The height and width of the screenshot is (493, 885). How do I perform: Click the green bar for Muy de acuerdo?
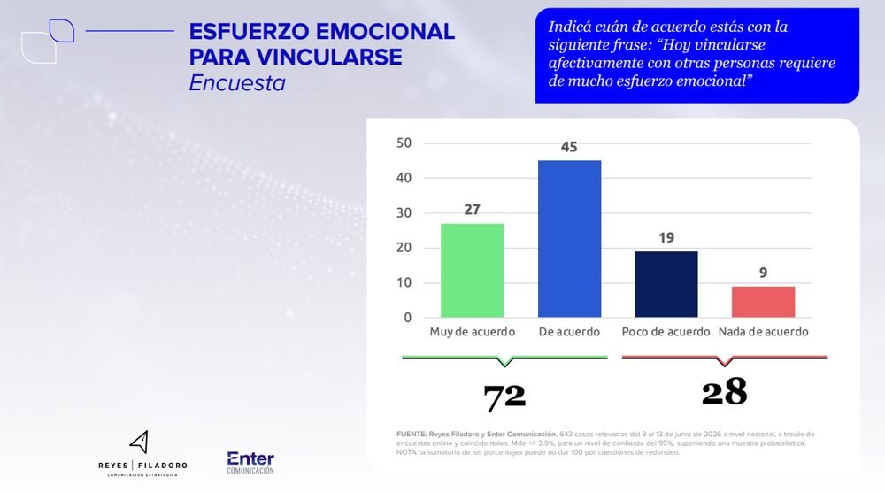click(472, 271)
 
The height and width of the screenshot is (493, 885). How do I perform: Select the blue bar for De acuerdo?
click(569, 239)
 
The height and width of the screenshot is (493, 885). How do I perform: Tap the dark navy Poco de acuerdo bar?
click(666, 284)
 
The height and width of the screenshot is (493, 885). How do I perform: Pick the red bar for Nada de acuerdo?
click(763, 302)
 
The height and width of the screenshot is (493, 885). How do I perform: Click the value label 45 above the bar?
click(569, 147)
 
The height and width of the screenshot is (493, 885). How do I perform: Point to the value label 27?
click(472, 210)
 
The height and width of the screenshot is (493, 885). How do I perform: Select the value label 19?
click(666, 238)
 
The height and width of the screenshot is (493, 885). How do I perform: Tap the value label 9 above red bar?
click(763, 273)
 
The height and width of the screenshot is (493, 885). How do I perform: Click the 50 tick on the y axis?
click(404, 143)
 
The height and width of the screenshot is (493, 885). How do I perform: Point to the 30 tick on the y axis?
click(404, 213)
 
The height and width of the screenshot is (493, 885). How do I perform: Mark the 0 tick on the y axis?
click(407, 318)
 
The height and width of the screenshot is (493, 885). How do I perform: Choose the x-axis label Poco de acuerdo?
click(666, 332)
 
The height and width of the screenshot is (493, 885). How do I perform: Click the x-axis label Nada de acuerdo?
click(763, 332)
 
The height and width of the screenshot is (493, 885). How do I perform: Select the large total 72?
click(504, 397)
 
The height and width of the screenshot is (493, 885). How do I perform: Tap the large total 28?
click(724, 392)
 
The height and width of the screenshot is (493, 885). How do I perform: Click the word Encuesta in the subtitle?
click(237, 83)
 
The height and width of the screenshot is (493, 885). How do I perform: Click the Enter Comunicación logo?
click(250, 463)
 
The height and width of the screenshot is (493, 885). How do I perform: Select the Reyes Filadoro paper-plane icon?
click(140, 442)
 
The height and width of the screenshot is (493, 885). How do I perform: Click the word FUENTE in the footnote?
click(412, 435)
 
